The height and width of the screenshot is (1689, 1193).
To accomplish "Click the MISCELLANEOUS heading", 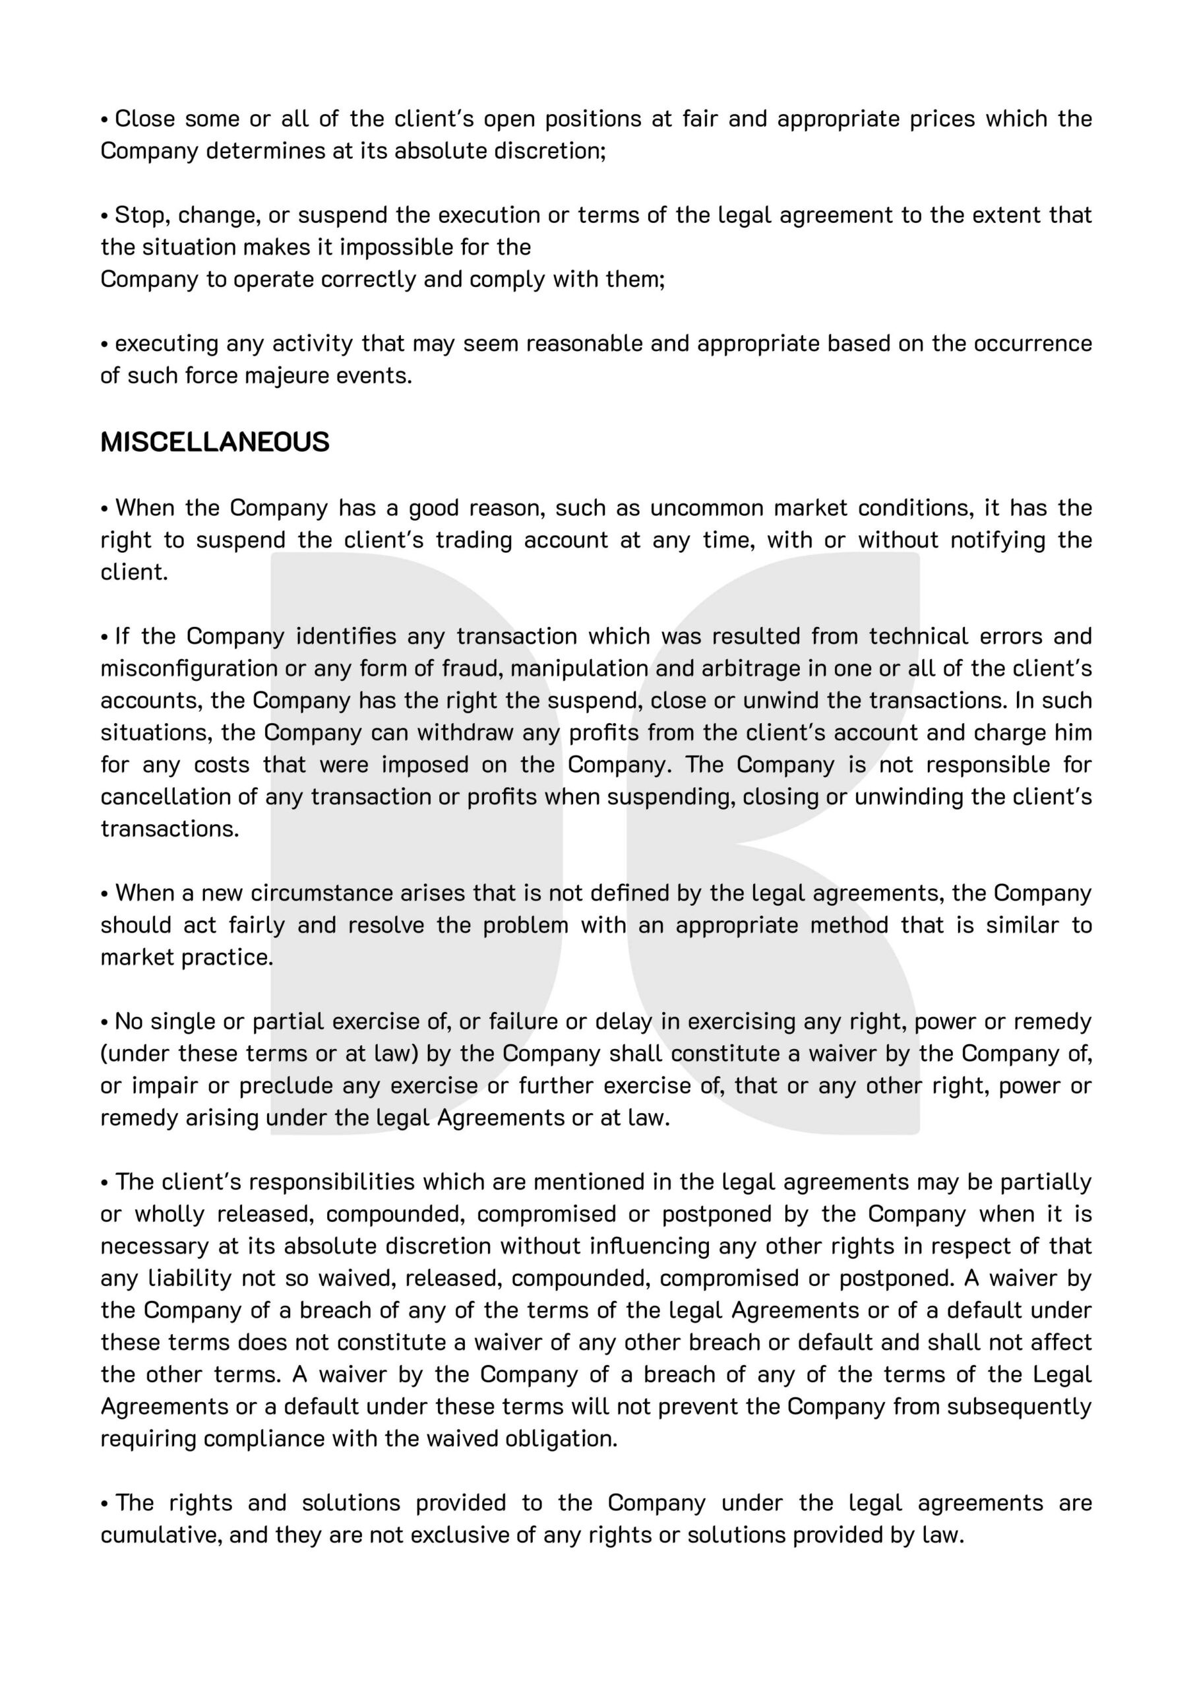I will pyautogui.click(x=215, y=442).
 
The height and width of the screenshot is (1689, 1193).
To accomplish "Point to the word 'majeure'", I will pyautogui.click(x=286, y=376).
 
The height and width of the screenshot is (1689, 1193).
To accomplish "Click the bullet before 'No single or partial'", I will pyautogui.click(x=105, y=1022).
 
